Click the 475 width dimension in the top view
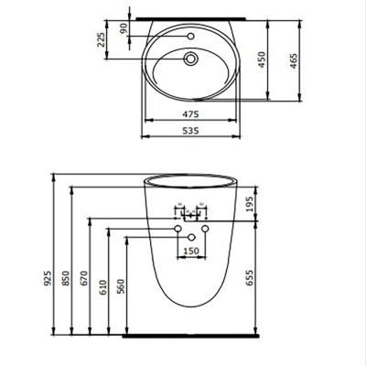(188, 113)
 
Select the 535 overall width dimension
(188, 131)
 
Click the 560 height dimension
(120, 289)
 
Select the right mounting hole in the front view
(206, 227)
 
